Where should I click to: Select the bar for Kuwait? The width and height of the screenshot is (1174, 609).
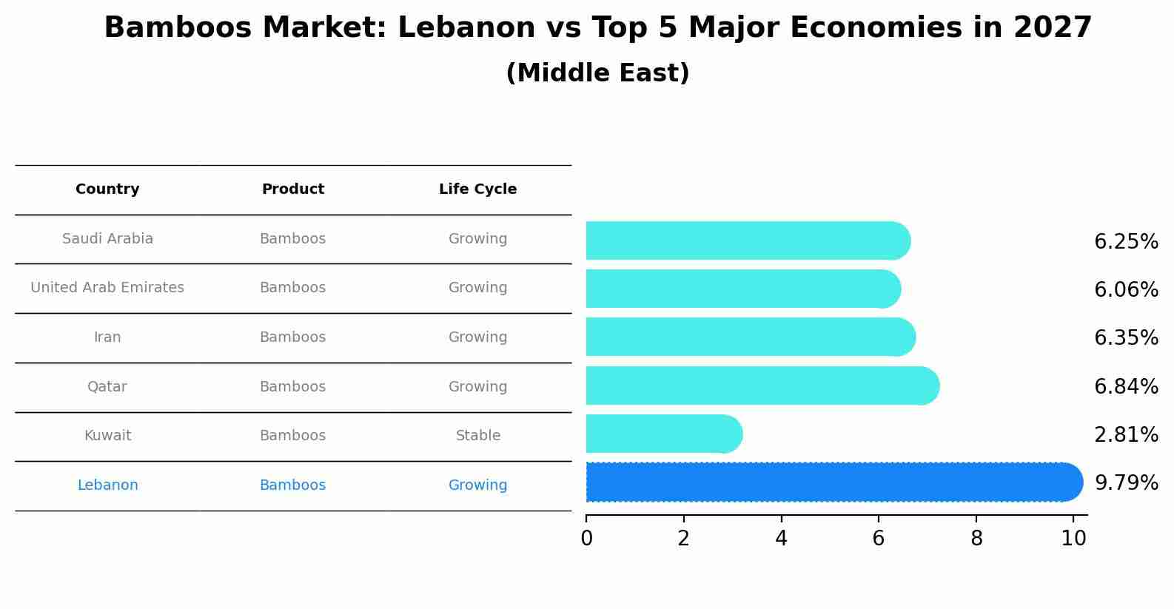point(663,434)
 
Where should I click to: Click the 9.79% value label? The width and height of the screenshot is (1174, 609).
point(1126,483)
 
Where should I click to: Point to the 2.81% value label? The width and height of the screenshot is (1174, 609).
point(1126,435)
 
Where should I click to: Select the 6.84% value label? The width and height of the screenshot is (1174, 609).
point(1126,386)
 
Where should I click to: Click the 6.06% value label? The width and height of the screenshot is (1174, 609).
point(1126,289)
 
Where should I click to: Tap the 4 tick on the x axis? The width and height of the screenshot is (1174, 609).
point(781,539)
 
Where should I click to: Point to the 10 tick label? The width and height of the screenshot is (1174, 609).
point(1073,539)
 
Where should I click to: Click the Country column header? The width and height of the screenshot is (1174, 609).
point(107,189)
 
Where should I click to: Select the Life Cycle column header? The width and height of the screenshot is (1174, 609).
point(477,189)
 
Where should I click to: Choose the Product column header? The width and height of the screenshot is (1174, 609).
point(292,189)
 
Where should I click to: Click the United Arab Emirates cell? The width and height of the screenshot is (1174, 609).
point(107,288)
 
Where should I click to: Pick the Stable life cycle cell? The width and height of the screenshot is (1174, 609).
point(477,436)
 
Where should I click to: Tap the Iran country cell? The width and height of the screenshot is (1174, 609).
point(107,337)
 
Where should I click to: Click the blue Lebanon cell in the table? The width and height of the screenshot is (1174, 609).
point(107,485)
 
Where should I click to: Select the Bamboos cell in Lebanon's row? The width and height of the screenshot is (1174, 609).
point(292,485)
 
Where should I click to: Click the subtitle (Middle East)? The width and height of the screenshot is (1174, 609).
point(597,73)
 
